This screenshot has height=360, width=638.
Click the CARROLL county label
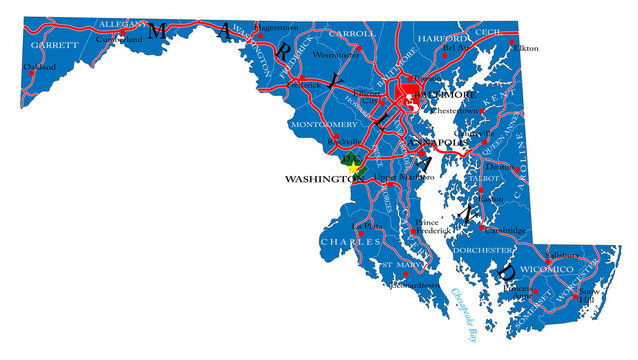[x=352, y=33]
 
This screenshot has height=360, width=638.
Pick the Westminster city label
[x=336, y=56]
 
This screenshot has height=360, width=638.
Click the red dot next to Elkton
[x=508, y=48]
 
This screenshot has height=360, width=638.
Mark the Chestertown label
[x=455, y=111]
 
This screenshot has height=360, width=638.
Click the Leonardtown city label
[x=414, y=285]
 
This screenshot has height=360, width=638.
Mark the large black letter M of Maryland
[x=155, y=30]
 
